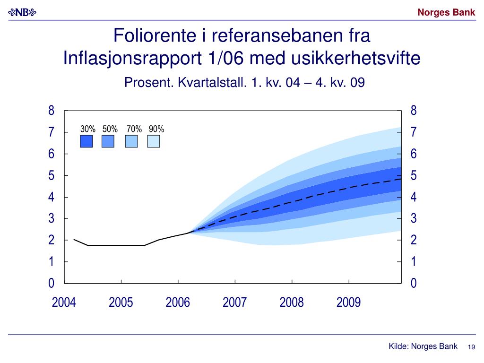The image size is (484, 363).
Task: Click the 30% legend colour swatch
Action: [x=86, y=141]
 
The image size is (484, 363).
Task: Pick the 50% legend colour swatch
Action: [x=108, y=141]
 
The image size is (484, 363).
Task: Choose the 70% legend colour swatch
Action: [x=131, y=141]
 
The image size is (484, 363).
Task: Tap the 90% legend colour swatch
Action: [x=154, y=141]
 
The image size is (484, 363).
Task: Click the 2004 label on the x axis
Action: [x=64, y=302]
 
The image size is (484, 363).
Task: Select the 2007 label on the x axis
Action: [x=235, y=302]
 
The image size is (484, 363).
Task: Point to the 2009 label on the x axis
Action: [x=349, y=302]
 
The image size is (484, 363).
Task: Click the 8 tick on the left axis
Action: [x=52, y=111]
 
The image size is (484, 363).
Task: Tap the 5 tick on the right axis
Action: [x=414, y=176]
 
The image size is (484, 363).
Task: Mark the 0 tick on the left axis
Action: [x=52, y=284]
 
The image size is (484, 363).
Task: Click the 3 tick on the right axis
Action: [x=414, y=219]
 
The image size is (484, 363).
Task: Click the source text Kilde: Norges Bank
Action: [x=423, y=346]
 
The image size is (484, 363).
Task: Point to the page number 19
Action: [x=471, y=347]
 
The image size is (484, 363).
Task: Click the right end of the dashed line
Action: [x=401, y=179]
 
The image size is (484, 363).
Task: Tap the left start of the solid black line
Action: [x=74, y=239]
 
